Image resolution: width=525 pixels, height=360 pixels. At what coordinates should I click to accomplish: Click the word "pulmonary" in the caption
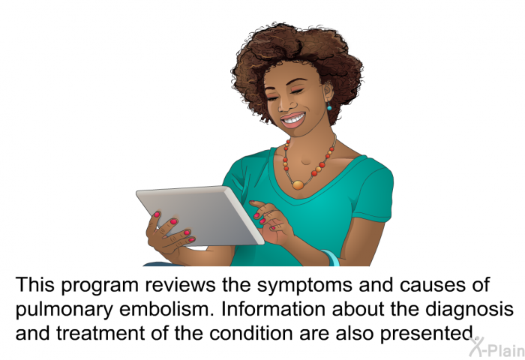tap(64, 310)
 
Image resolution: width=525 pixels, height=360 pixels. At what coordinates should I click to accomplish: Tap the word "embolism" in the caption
tap(166, 309)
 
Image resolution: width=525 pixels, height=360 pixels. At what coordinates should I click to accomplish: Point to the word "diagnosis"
tap(469, 310)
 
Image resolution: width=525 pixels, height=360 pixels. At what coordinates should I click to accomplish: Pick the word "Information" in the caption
tap(273, 309)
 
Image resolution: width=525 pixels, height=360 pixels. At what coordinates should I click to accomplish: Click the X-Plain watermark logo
tap(496, 347)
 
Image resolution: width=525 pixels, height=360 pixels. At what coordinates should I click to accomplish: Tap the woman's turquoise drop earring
tap(328, 106)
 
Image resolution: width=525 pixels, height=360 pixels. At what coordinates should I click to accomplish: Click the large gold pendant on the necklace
tap(298, 184)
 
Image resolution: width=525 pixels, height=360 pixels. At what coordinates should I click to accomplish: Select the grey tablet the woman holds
tap(200, 216)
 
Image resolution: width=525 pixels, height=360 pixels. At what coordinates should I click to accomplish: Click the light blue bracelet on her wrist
tap(331, 257)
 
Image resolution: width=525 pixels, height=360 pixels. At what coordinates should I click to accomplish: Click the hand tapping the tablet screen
tap(271, 222)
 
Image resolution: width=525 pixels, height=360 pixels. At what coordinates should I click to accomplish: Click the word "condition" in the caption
tap(251, 333)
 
